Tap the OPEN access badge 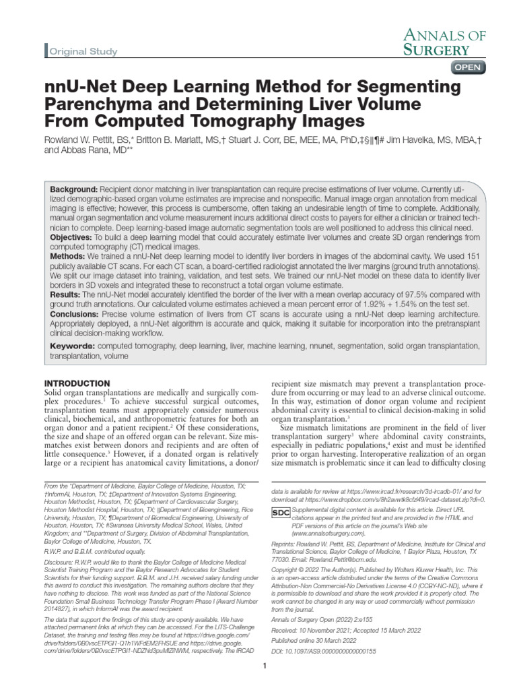tap(468, 67)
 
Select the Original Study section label tap(83, 52)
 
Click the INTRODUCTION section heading tap(77, 383)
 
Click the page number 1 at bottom tap(265, 666)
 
